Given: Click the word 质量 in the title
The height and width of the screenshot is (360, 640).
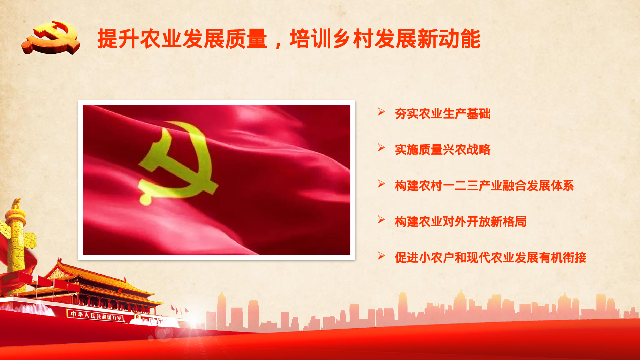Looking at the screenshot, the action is tap(246, 39).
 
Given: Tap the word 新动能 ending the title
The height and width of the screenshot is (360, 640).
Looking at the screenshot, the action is tap(449, 39).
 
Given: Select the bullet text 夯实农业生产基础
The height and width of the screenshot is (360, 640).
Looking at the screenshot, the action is tap(443, 114).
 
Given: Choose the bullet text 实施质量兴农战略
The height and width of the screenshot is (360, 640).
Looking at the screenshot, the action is tap(443, 149).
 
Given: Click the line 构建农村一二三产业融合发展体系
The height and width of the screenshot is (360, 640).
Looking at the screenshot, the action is tap(484, 186).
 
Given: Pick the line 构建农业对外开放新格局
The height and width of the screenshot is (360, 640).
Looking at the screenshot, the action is tap(460, 221).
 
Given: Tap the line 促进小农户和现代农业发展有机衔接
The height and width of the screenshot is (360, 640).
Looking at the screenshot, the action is tap(490, 257).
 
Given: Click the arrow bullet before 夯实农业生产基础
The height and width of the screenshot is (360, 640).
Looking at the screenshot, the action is tap(381, 112).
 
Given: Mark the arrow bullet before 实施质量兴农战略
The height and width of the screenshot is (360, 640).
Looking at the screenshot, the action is tap(381, 148).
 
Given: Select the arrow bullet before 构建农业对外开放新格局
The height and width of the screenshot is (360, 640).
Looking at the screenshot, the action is tap(381, 220).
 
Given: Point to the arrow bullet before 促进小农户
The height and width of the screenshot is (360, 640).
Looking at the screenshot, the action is tap(381, 256).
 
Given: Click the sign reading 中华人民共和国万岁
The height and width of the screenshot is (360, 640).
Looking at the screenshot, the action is tap(95, 315).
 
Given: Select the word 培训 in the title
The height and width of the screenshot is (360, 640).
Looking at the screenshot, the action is tap(310, 39).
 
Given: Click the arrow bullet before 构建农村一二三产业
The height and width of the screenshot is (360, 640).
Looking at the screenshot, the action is tap(381, 184).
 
